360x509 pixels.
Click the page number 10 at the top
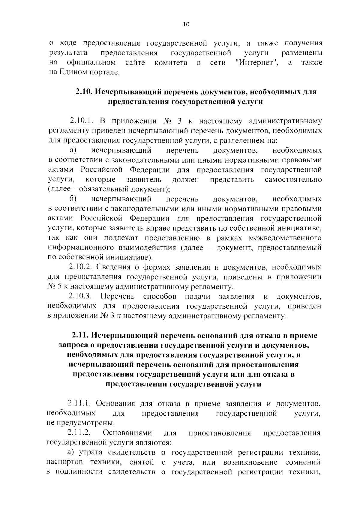(x=186, y=25)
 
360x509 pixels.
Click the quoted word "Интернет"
(x=256, y=63)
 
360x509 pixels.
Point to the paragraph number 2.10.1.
(x=80, y=121)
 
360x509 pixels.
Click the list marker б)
(x=73, y=199)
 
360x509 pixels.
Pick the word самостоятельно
(x=293, y=180)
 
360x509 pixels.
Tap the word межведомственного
(x=285, y=238)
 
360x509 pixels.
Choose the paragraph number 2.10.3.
(x=80, y=296)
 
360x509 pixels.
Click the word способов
(x=160, y=296)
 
